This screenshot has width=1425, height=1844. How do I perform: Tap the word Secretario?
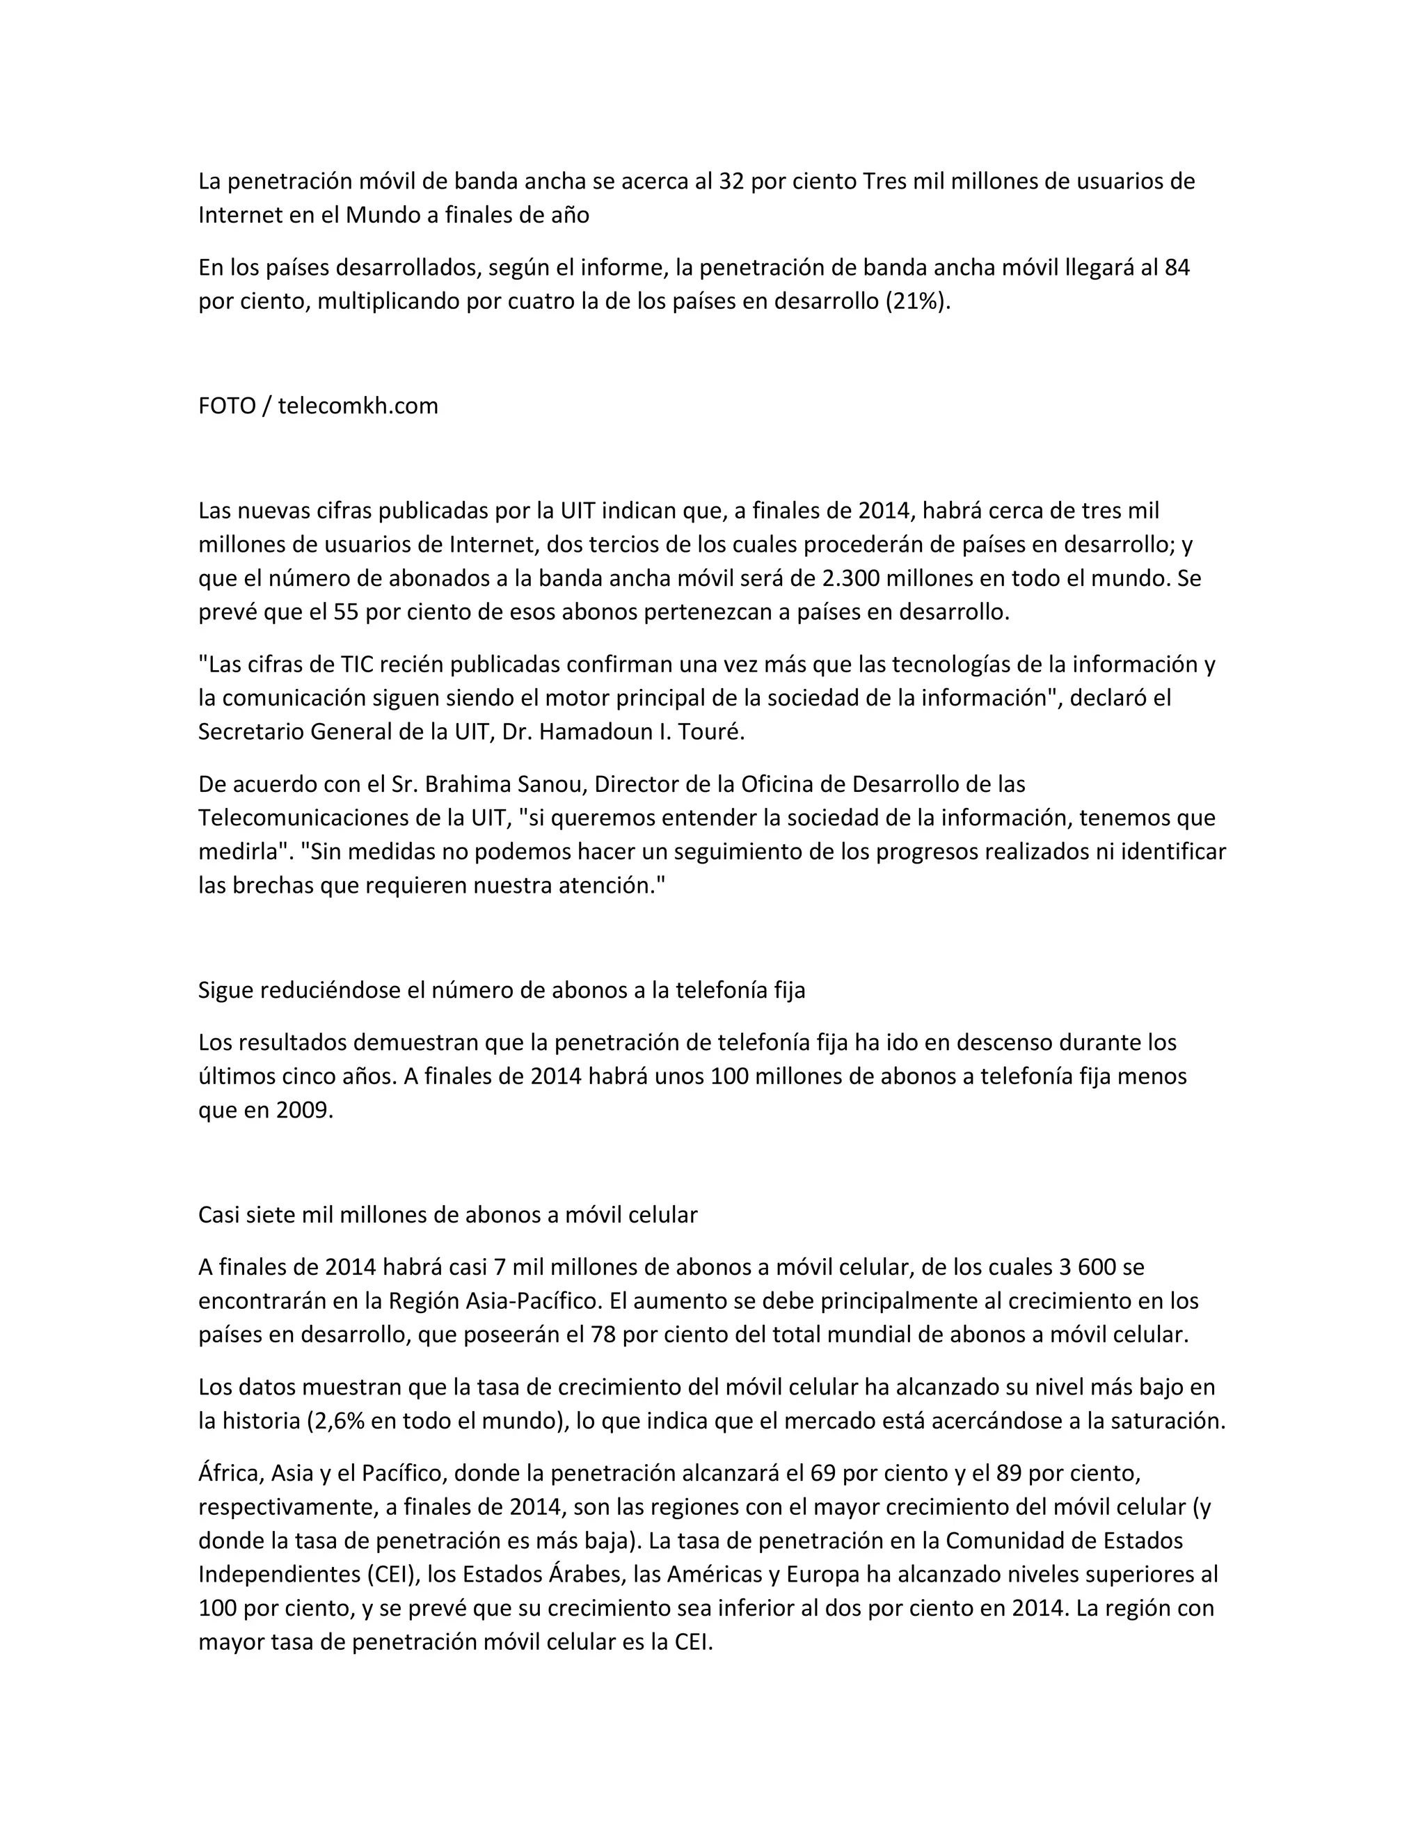[x=250, y=732]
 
